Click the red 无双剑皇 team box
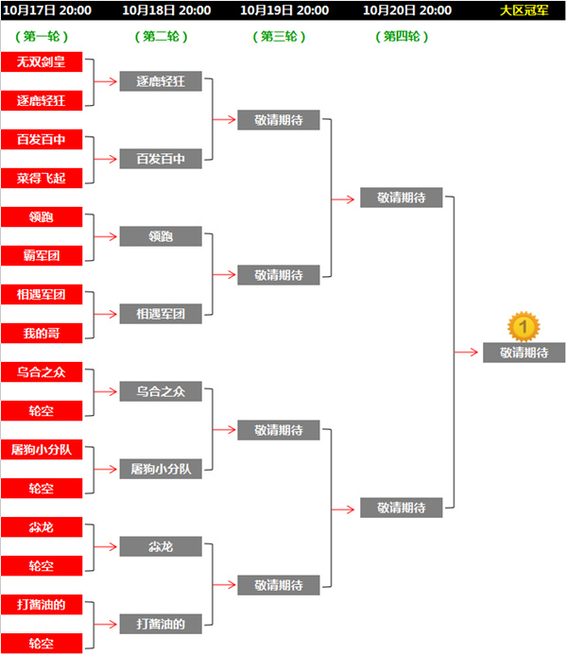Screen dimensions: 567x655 pyautogui.click(x=42, y=61)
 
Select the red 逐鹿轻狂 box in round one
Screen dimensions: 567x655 pyautogui.click(x=42, y=101)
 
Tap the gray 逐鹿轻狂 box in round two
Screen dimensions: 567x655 pyautogui.click(x=161, y=81)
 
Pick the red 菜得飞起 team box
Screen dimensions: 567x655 pyautogui.click(x=42, y=179)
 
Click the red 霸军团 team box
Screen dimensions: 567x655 pyautogui.click(x=42, y=255)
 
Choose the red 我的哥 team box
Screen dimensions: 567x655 pyautogui.click(x=42, y=334)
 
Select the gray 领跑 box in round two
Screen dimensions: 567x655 pyautogui.click(x=161, y=236)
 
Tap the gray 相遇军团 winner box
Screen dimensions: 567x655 pyautogui.click(x=161, y=314)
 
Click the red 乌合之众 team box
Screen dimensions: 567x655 pyautogui.click(x=42, y=371)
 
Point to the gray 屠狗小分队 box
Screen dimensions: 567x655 pyautogui.click(x=161, y=469)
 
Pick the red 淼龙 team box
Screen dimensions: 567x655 pyautogui.click(x=42, y=527)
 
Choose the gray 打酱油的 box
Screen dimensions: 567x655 pyautogui.click(x=161, y=624)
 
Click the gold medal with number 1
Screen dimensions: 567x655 pyautogui.click(x=524, y=327)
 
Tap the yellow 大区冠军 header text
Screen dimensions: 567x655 pyautogui.click(x=524, y=10)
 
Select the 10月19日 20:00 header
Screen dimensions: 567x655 pyautogui.click(x=284, y=10)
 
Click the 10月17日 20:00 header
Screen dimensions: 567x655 pyautogui.click(x=47, y=10)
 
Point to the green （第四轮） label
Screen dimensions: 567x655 pyautogui.click(x=402, y=37)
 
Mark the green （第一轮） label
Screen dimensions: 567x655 pyautogui.click(x=42, y=37)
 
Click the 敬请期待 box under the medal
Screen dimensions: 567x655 pyautogui.click(x=524, y=353)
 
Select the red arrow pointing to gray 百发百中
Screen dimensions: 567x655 pyautogui.click(x=105, y=159)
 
